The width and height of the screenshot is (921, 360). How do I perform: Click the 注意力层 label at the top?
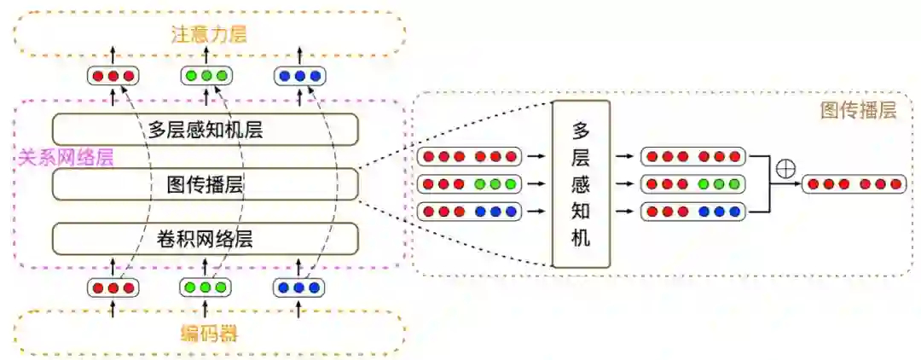[x=209, y=34]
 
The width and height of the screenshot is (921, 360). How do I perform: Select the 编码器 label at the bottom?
[x=209, y=334]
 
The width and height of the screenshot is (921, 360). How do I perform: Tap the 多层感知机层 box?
[x=205, y=130]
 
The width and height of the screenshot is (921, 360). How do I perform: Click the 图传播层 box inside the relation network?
[x=205, y=184]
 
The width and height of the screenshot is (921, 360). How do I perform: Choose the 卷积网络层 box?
[x=205, y=239]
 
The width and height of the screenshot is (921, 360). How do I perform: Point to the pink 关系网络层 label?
[x=66, y=158]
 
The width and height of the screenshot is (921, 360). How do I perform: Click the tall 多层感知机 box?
[x=581, y=184]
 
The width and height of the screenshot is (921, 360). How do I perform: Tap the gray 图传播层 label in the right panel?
[x=858, y=111]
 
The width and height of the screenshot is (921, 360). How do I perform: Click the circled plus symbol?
[x=785, y=169]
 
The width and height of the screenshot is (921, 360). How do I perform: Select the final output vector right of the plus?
[x=853, y=183]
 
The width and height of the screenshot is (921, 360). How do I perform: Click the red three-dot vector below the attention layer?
[x=113, y=76]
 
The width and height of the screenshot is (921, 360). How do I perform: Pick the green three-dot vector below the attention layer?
[x=206, y=76]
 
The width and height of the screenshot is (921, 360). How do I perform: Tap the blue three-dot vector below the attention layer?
[x=298, y=76]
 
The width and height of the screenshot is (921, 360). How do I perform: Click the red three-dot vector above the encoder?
[x=113, y=288]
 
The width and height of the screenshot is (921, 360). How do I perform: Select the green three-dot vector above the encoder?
[x=206, y=288]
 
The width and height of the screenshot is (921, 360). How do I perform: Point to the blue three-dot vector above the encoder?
[x=298, y=288]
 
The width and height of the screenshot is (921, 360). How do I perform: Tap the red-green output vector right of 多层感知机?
[x=692, y=184]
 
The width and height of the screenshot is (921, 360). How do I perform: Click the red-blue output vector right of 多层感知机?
[x=692, y=211]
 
